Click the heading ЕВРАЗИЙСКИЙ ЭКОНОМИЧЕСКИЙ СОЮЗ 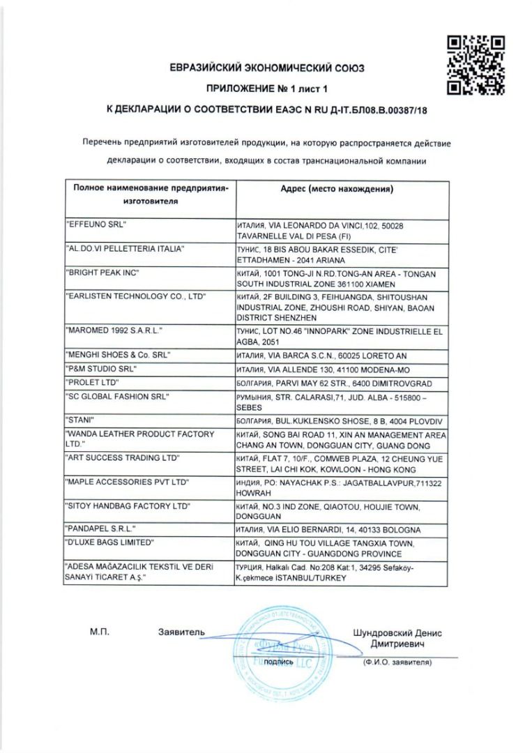pos(266,68)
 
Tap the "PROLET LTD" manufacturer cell pos(92,383)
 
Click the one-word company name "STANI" pos(79,419)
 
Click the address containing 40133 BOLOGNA pos(327,530)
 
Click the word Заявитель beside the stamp pos(181,632)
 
